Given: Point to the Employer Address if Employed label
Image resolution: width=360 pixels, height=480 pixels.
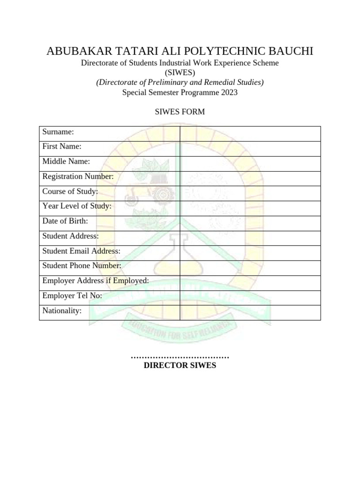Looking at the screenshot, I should (x=96, y=281).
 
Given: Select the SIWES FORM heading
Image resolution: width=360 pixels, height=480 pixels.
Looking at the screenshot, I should (x=180, y=112).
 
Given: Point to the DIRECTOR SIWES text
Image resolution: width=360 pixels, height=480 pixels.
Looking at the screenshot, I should (x=180, y=366).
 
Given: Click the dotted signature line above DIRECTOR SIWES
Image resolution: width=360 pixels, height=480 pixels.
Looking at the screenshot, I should (x=180, y=358).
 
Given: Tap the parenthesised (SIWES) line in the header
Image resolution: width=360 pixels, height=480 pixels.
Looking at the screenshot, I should (x=180, y=73).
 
